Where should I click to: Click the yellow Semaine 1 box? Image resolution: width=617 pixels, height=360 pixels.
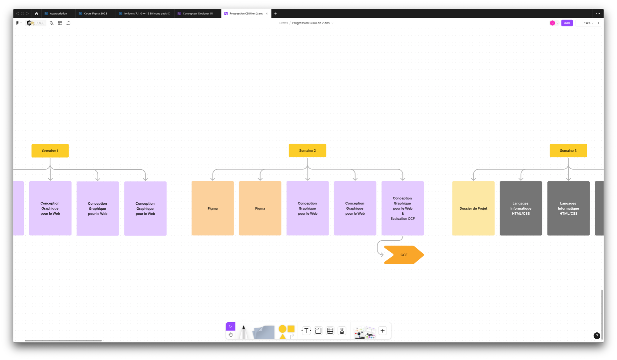click(x=50, y=151)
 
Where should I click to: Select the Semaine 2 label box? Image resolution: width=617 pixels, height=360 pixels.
click(x=307, y=151)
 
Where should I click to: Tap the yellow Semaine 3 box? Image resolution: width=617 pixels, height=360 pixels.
click(x=568, y=151)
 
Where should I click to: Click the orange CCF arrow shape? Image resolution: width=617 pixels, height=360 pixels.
click(x=404, y=255)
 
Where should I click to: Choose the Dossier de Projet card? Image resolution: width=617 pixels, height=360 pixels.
click(x=473, y=208)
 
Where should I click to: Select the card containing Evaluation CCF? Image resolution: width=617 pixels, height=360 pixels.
click(x=402, y=208)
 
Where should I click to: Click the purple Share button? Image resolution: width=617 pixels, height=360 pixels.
click(x=567, y=23)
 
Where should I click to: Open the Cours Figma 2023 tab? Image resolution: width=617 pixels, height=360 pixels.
click(x=95, y=14)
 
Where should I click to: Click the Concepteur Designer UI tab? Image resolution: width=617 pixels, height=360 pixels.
click(x=197, y=14)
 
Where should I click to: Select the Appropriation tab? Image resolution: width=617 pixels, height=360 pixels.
click(x=58, y=14)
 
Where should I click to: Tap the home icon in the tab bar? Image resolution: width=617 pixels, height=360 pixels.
click(x=37, y=14)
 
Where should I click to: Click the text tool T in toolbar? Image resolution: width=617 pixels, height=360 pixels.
click(x=306, y=331)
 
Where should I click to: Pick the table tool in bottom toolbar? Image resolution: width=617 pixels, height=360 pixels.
click(x=330, y=331)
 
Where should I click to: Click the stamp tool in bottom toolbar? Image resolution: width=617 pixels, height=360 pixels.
click(x=342, y=331)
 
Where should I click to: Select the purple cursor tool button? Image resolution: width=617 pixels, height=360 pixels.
click(x=230, y=327)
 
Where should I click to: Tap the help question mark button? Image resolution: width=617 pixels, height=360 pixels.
click(x=597, y=336)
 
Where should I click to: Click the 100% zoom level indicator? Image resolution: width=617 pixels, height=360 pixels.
click(x=588, y=23)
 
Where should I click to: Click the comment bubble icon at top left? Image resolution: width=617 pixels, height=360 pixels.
click(x=68, y=23)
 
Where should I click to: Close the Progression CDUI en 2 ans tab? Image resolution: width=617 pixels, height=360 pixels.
click(x=267, y=14)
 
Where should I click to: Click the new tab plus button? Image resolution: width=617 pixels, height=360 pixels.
click(x=276, y=14)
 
